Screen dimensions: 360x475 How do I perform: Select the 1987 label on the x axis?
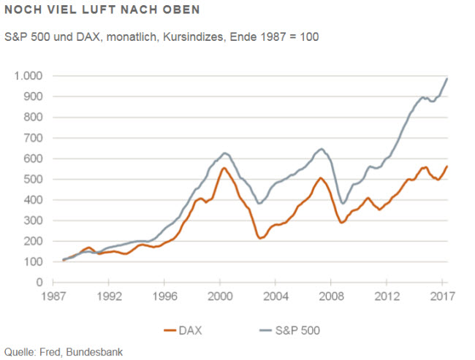(x=52, y=297)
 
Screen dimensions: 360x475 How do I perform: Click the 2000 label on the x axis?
(x=220, y=297)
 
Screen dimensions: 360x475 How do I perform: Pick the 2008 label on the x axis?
(x=332, y=297)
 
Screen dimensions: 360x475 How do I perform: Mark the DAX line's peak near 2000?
(x=224, y=168)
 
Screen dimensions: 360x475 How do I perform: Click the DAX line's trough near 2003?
(x=261, y=238)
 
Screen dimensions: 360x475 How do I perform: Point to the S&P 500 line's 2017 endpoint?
(x=447, y=78)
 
